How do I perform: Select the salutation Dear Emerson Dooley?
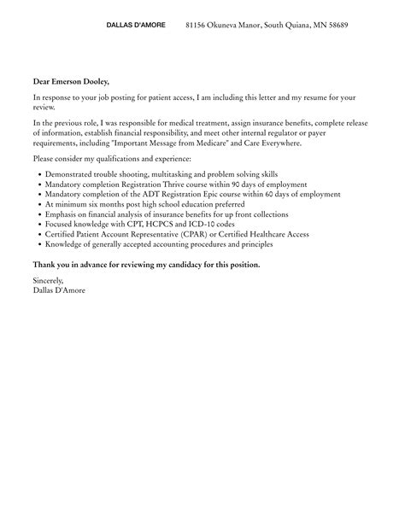coord(71,81)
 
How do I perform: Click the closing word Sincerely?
coord(48,280)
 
